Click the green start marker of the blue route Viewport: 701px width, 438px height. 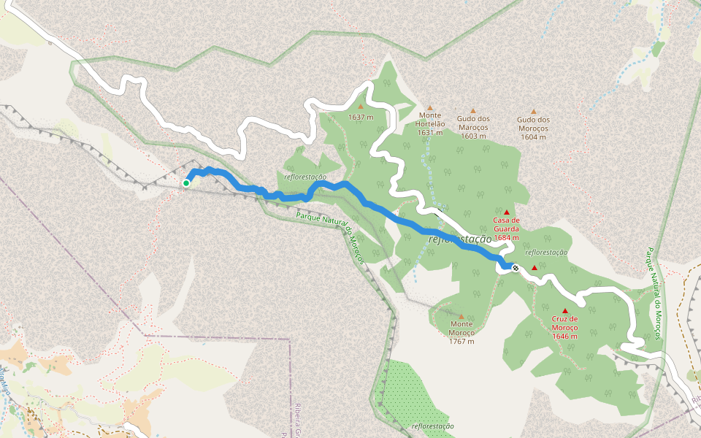(x=186, y=183)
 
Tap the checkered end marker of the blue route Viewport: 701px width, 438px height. (x=516, y=268)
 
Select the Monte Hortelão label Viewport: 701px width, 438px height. (x=431, y=119)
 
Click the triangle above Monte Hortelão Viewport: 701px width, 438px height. (x=430, y=107)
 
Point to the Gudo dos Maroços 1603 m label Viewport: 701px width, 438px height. (x=473, y=127)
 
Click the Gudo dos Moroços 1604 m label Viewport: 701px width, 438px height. (x=533, y=128)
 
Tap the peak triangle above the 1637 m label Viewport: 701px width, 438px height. (x=360, y=107)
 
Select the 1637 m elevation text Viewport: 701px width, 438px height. (x=361, y=117)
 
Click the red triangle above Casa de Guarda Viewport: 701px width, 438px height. (x=507, y=212)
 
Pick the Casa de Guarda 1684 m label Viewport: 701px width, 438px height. (x=506, y=228)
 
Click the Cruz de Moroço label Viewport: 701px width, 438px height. (x=564, y=323)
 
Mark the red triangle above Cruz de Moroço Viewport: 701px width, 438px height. (x=564, y=311)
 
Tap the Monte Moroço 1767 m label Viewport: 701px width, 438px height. (x=461, y=332)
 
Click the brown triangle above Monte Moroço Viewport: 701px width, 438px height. (x=461, y=317)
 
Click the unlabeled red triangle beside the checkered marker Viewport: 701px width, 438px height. (x=535, y=268)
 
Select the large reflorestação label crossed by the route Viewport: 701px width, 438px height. (x=460, y=239)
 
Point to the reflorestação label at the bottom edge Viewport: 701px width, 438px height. (x=432, y=426)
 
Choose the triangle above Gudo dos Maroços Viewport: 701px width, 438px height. (x=472, y=111)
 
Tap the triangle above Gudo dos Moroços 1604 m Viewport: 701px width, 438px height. (x=533, y=112)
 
